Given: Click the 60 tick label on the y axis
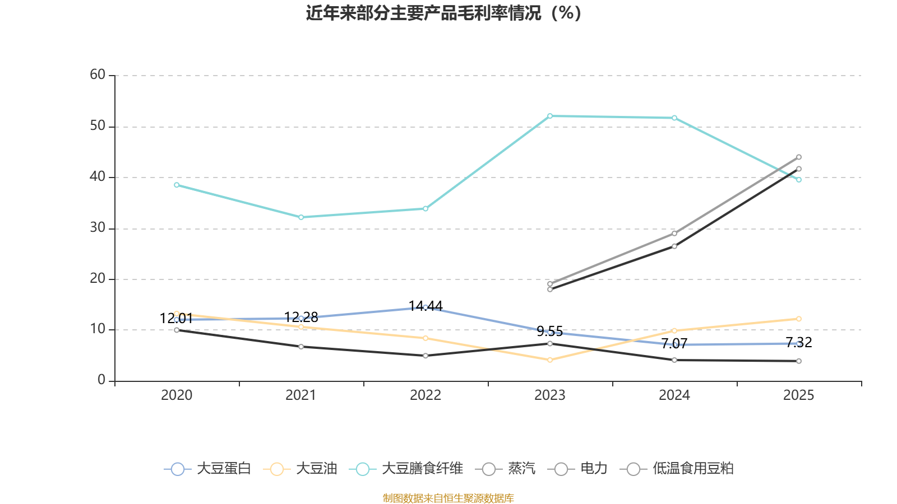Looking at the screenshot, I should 98,75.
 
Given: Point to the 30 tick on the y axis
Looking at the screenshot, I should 98,228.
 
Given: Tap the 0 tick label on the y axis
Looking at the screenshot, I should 101,380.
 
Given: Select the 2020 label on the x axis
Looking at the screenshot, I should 177,395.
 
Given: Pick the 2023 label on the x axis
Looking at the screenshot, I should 549,395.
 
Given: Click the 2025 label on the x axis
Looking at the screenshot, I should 798,395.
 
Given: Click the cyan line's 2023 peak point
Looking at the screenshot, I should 550,116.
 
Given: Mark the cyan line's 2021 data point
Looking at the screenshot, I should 301,217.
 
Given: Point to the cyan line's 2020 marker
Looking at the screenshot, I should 177,185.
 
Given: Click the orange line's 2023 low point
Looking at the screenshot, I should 550,360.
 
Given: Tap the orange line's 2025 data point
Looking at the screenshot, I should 799,319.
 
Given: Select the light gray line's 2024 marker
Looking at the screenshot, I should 674,233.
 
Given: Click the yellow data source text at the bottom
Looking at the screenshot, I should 449,498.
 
